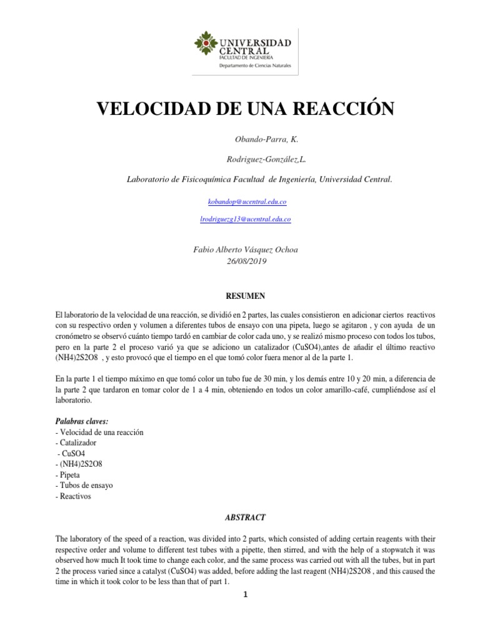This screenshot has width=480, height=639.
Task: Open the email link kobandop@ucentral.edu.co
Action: (246, 203)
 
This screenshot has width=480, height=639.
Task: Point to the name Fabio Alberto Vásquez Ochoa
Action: (246, 250)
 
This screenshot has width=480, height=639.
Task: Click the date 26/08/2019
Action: (246, 261)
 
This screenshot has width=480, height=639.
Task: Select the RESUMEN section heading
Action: (246, 294)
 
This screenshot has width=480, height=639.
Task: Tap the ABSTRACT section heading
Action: (246, 517)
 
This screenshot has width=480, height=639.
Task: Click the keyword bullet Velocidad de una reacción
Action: (99, 432)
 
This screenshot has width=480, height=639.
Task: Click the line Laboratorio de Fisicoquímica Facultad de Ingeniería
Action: (259, 180)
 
